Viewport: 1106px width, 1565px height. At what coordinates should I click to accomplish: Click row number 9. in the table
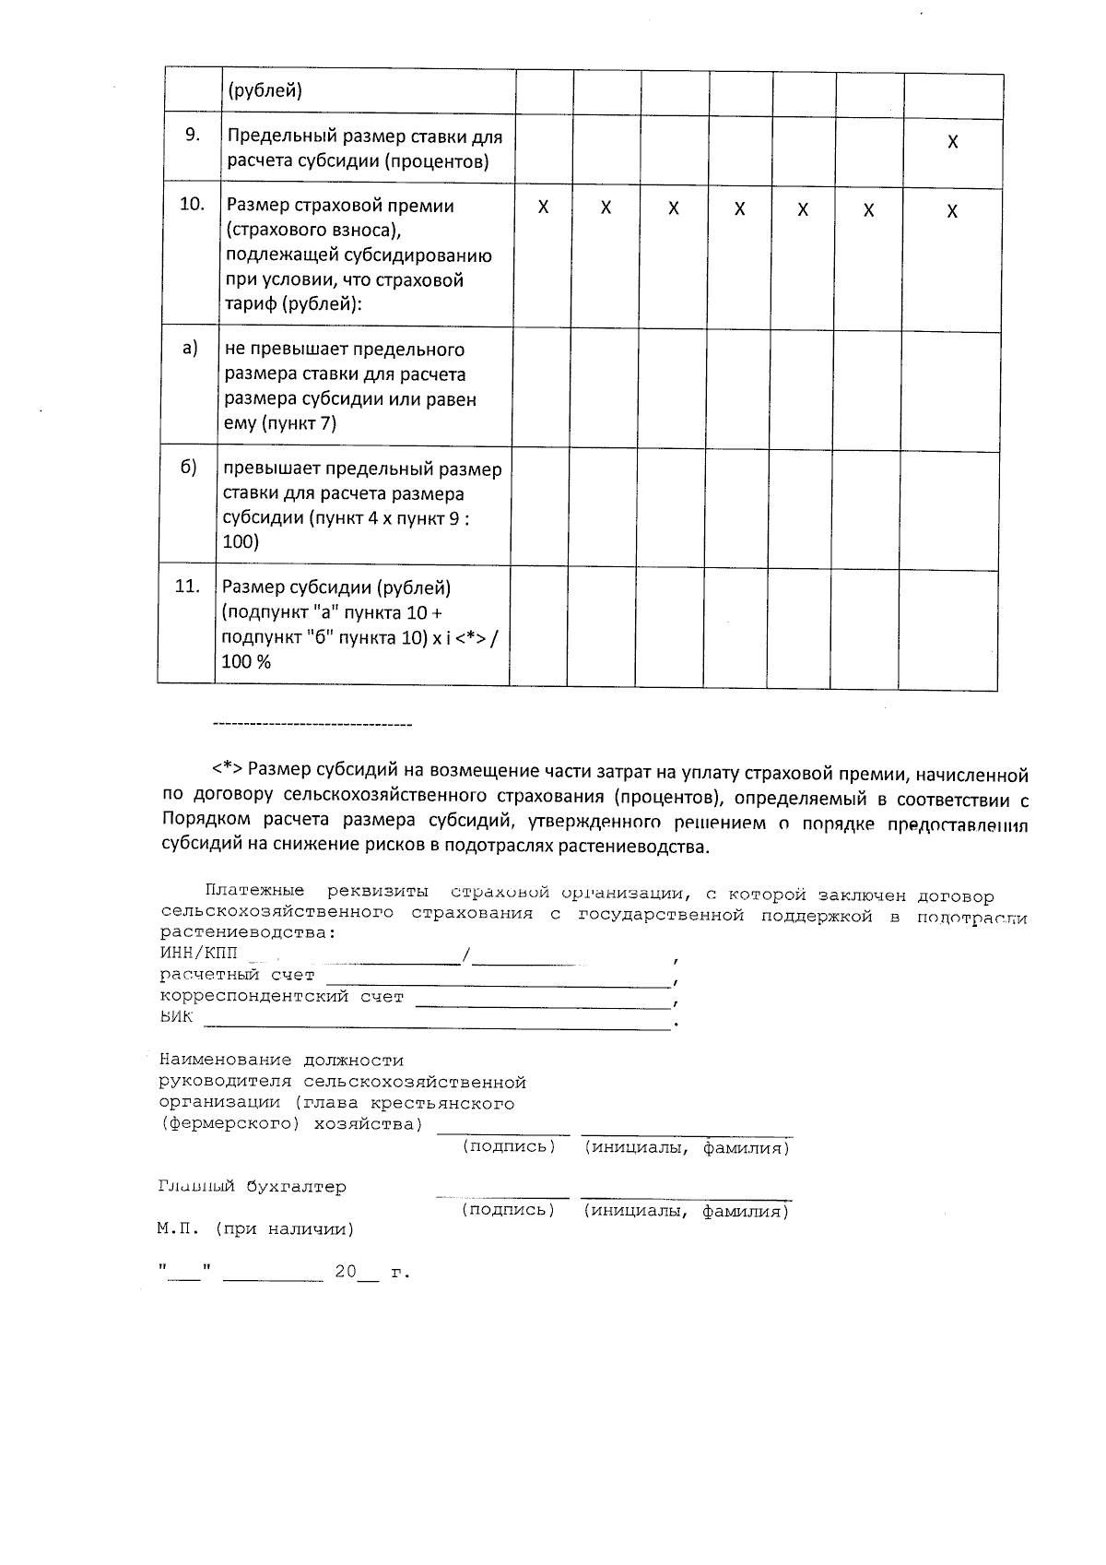coord(193,135)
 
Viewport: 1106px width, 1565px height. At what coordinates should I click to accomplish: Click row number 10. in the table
coord(192,204)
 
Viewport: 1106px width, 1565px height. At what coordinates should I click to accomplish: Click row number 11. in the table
coord(187,586)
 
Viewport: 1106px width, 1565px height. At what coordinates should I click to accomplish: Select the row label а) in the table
coord(190,348)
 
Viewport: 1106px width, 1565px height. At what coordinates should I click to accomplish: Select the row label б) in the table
coord(188,467)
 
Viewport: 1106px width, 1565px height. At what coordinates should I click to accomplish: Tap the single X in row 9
coord(953,142)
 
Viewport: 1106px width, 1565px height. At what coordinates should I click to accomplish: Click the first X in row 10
coord(543,207)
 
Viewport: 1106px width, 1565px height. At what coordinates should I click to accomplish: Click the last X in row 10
coord(952,211)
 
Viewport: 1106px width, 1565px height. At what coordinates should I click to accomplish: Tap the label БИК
coord(177,1017)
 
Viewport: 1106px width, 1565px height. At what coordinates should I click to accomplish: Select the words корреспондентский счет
coord(282,997)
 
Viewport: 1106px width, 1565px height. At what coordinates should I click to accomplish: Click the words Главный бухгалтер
coord(253,1188)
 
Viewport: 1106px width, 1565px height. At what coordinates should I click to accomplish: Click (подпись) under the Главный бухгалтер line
coord(508,1210)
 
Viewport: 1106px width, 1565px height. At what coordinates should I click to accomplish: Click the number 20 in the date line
coord(345,1273)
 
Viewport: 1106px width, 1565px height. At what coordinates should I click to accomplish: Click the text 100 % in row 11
coord(246,661)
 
